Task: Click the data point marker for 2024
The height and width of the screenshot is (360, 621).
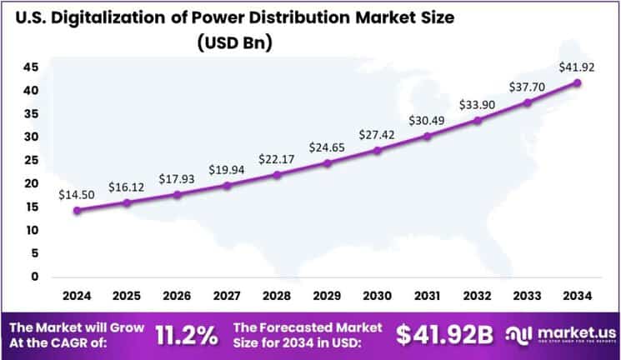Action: tap(78, 210)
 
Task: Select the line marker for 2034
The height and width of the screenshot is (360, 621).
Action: tap(577, 82)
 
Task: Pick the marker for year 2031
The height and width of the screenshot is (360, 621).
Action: tap(428, 136)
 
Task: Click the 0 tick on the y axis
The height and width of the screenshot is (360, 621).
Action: tap(33, 277)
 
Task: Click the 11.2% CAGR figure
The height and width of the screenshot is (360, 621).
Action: tap(188, 335)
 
